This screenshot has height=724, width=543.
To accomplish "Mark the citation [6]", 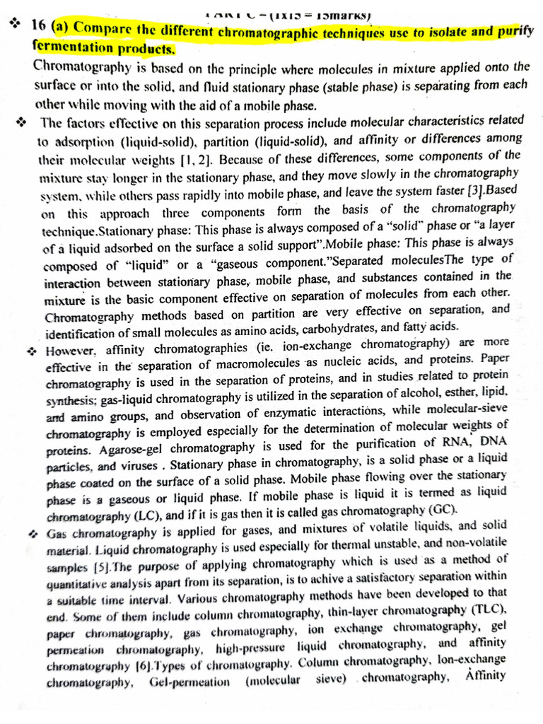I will [146, 665].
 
